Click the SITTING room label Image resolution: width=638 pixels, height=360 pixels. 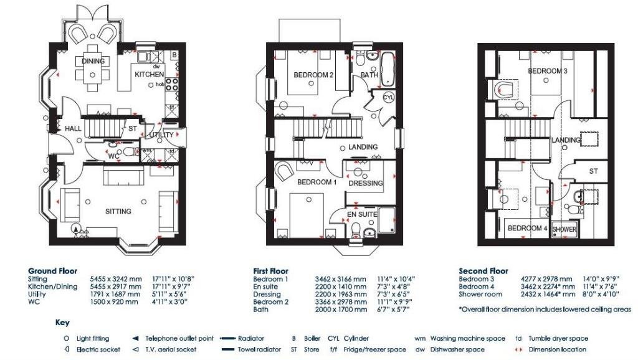118,211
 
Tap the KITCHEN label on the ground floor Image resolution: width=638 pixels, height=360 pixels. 150,74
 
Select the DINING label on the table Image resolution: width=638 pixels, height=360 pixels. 93,61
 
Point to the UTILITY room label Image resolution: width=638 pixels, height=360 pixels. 161,135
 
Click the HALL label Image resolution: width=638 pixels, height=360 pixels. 74,129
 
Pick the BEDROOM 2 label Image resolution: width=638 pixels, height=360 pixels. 313,75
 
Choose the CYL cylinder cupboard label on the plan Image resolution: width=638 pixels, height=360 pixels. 388,97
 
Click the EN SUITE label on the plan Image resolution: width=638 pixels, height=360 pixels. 362,214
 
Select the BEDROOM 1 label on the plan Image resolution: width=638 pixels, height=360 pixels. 317,182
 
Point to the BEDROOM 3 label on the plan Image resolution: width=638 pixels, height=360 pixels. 548,71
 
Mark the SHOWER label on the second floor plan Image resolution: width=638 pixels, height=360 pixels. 564,229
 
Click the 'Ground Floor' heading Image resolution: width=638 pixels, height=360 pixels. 52,271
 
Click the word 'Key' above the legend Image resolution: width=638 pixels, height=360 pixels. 62,323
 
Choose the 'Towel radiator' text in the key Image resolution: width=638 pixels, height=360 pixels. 259,349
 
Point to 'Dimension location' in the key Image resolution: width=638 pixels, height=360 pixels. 558,349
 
